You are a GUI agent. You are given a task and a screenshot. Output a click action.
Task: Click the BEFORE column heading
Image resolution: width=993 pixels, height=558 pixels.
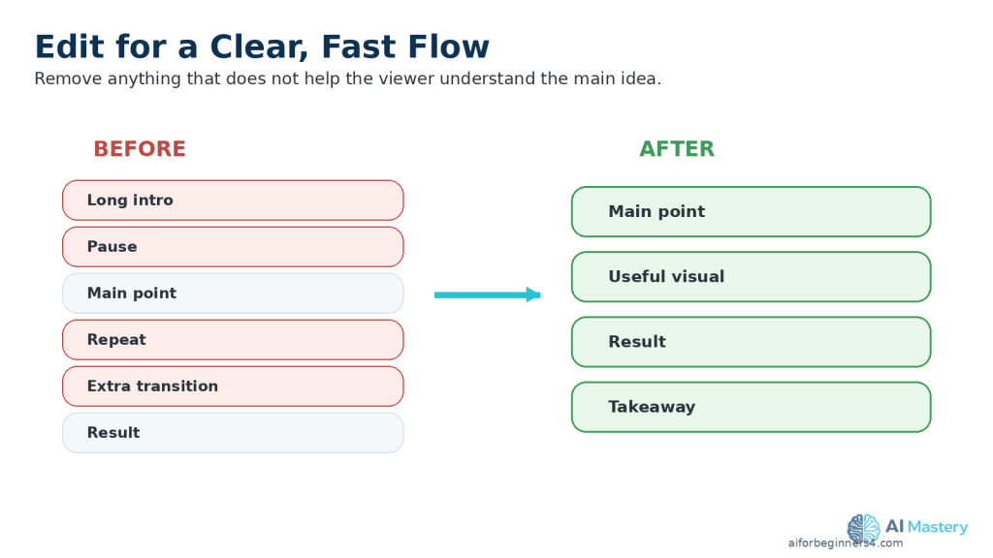pos(140,148)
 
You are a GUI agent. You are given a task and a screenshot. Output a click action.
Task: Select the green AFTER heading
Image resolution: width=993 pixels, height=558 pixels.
pos(676,148)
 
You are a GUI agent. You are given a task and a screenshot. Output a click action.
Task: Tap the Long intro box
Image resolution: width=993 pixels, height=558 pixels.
pos(233,201)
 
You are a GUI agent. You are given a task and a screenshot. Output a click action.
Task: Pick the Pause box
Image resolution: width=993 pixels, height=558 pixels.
pos(233,247)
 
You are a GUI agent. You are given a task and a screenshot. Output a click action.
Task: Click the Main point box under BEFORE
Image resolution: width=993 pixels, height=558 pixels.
pos(233,294)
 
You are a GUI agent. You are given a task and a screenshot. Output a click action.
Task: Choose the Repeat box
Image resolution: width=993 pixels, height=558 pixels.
pos(233,340)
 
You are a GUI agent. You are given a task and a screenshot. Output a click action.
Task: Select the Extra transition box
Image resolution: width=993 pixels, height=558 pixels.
pos(233,387)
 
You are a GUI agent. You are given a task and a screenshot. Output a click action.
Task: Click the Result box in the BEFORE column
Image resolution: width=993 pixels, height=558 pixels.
pos(233,433)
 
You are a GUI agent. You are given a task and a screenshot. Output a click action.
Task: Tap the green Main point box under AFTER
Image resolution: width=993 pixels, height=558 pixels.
pos(752,212)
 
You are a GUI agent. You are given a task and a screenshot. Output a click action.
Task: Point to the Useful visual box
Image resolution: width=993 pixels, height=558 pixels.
pos(752,277)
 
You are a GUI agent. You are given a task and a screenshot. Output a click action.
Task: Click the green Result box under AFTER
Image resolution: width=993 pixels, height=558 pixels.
pos(752,342)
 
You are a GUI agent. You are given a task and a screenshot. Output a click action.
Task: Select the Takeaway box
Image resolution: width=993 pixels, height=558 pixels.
pos(752,408)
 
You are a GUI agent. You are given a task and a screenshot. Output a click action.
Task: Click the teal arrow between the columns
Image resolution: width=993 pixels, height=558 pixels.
pos(488,294)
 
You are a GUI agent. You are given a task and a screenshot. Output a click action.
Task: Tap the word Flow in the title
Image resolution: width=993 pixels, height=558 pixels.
pos(449,46)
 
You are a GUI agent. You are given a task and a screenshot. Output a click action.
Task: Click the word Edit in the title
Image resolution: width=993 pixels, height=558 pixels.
pos(70,46)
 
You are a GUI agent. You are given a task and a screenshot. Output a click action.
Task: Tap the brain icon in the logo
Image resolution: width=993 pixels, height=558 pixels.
pos(864,529)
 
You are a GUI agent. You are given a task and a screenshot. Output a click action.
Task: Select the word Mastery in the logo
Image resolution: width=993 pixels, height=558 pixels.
pos(938,527)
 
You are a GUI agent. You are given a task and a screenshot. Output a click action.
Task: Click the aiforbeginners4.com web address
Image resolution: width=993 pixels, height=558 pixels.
pos(846,542)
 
